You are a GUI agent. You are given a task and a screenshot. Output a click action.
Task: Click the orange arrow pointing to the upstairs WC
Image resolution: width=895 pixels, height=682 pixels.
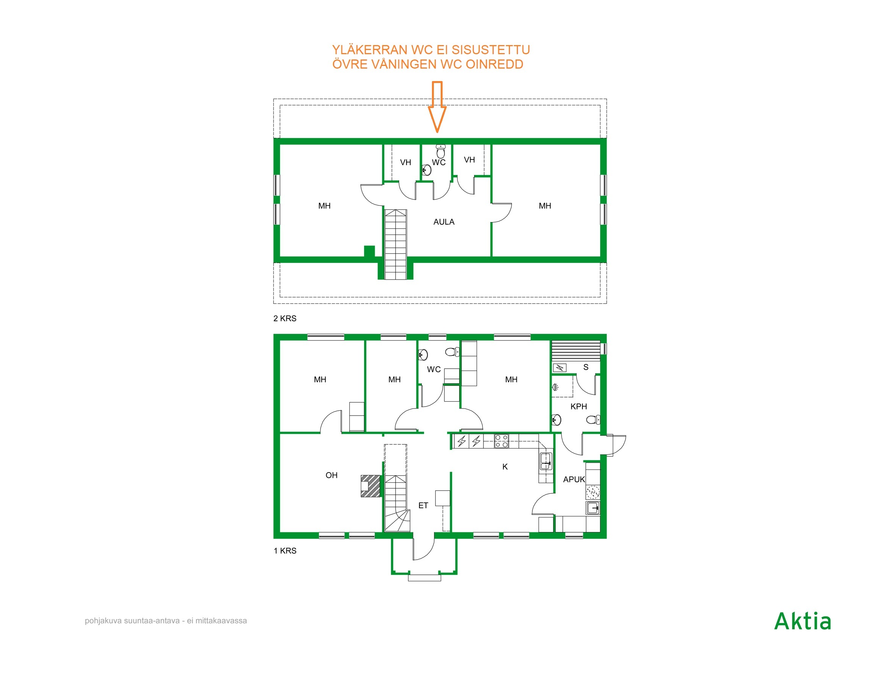(437, 107)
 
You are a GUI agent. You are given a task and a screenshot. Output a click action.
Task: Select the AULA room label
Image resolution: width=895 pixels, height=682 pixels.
(444, 222)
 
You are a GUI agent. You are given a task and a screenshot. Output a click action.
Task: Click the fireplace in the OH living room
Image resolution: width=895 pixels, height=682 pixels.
(371, 486)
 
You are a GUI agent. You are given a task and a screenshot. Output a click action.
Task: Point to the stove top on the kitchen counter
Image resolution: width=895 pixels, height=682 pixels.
(501, 441)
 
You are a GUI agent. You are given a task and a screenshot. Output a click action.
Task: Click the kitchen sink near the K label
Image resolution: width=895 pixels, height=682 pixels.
(546, 461)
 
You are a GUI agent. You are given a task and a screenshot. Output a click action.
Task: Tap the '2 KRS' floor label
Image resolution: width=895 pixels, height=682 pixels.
(285, 319)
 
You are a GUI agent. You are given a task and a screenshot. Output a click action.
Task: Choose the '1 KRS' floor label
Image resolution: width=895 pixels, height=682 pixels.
(285, 551)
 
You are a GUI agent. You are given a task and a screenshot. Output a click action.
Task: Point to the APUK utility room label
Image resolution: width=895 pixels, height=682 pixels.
(574, 479)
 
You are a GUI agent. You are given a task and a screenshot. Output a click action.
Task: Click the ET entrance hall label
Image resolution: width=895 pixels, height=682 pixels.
(423, 505)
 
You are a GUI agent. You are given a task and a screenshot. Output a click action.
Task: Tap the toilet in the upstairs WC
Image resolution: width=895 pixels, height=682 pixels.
(441, 151)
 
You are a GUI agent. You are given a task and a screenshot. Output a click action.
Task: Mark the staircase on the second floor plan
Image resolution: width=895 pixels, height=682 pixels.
(395, 244)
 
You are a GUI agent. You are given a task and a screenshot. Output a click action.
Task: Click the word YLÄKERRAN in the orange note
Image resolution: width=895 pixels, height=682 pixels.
(370, 50)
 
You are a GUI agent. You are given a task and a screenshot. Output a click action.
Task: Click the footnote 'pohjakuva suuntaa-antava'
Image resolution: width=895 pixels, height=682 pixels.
(132, 621)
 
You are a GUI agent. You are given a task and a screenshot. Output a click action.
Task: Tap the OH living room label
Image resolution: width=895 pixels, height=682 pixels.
(331, 476)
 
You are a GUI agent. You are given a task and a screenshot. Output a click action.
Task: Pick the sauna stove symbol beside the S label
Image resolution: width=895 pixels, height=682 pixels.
(560, 368)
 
